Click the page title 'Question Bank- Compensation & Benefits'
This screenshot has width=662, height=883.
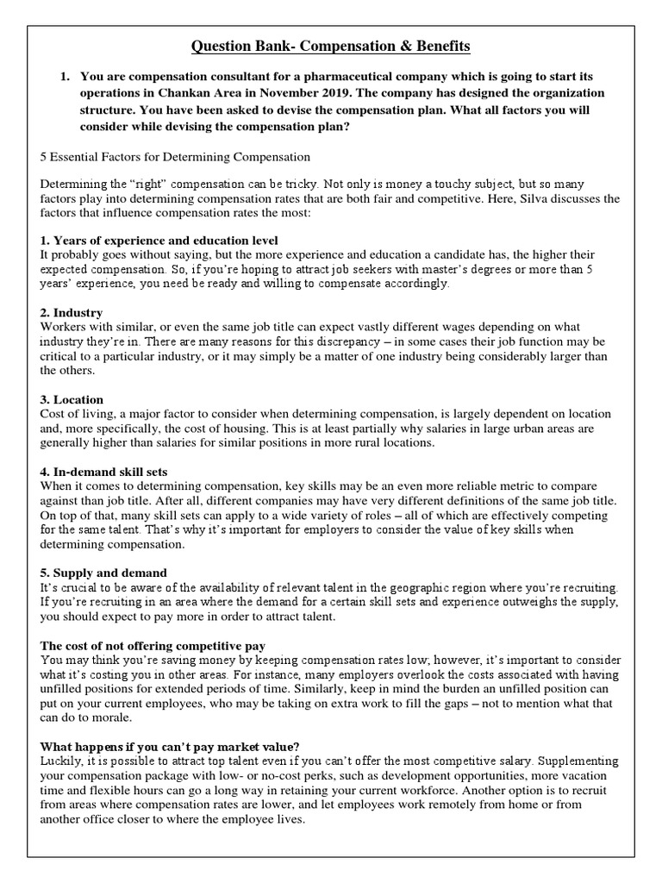point(330,45)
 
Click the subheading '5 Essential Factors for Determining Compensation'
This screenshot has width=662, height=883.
point(175,158)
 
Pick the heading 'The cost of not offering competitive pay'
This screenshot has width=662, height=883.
point(153,646)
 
